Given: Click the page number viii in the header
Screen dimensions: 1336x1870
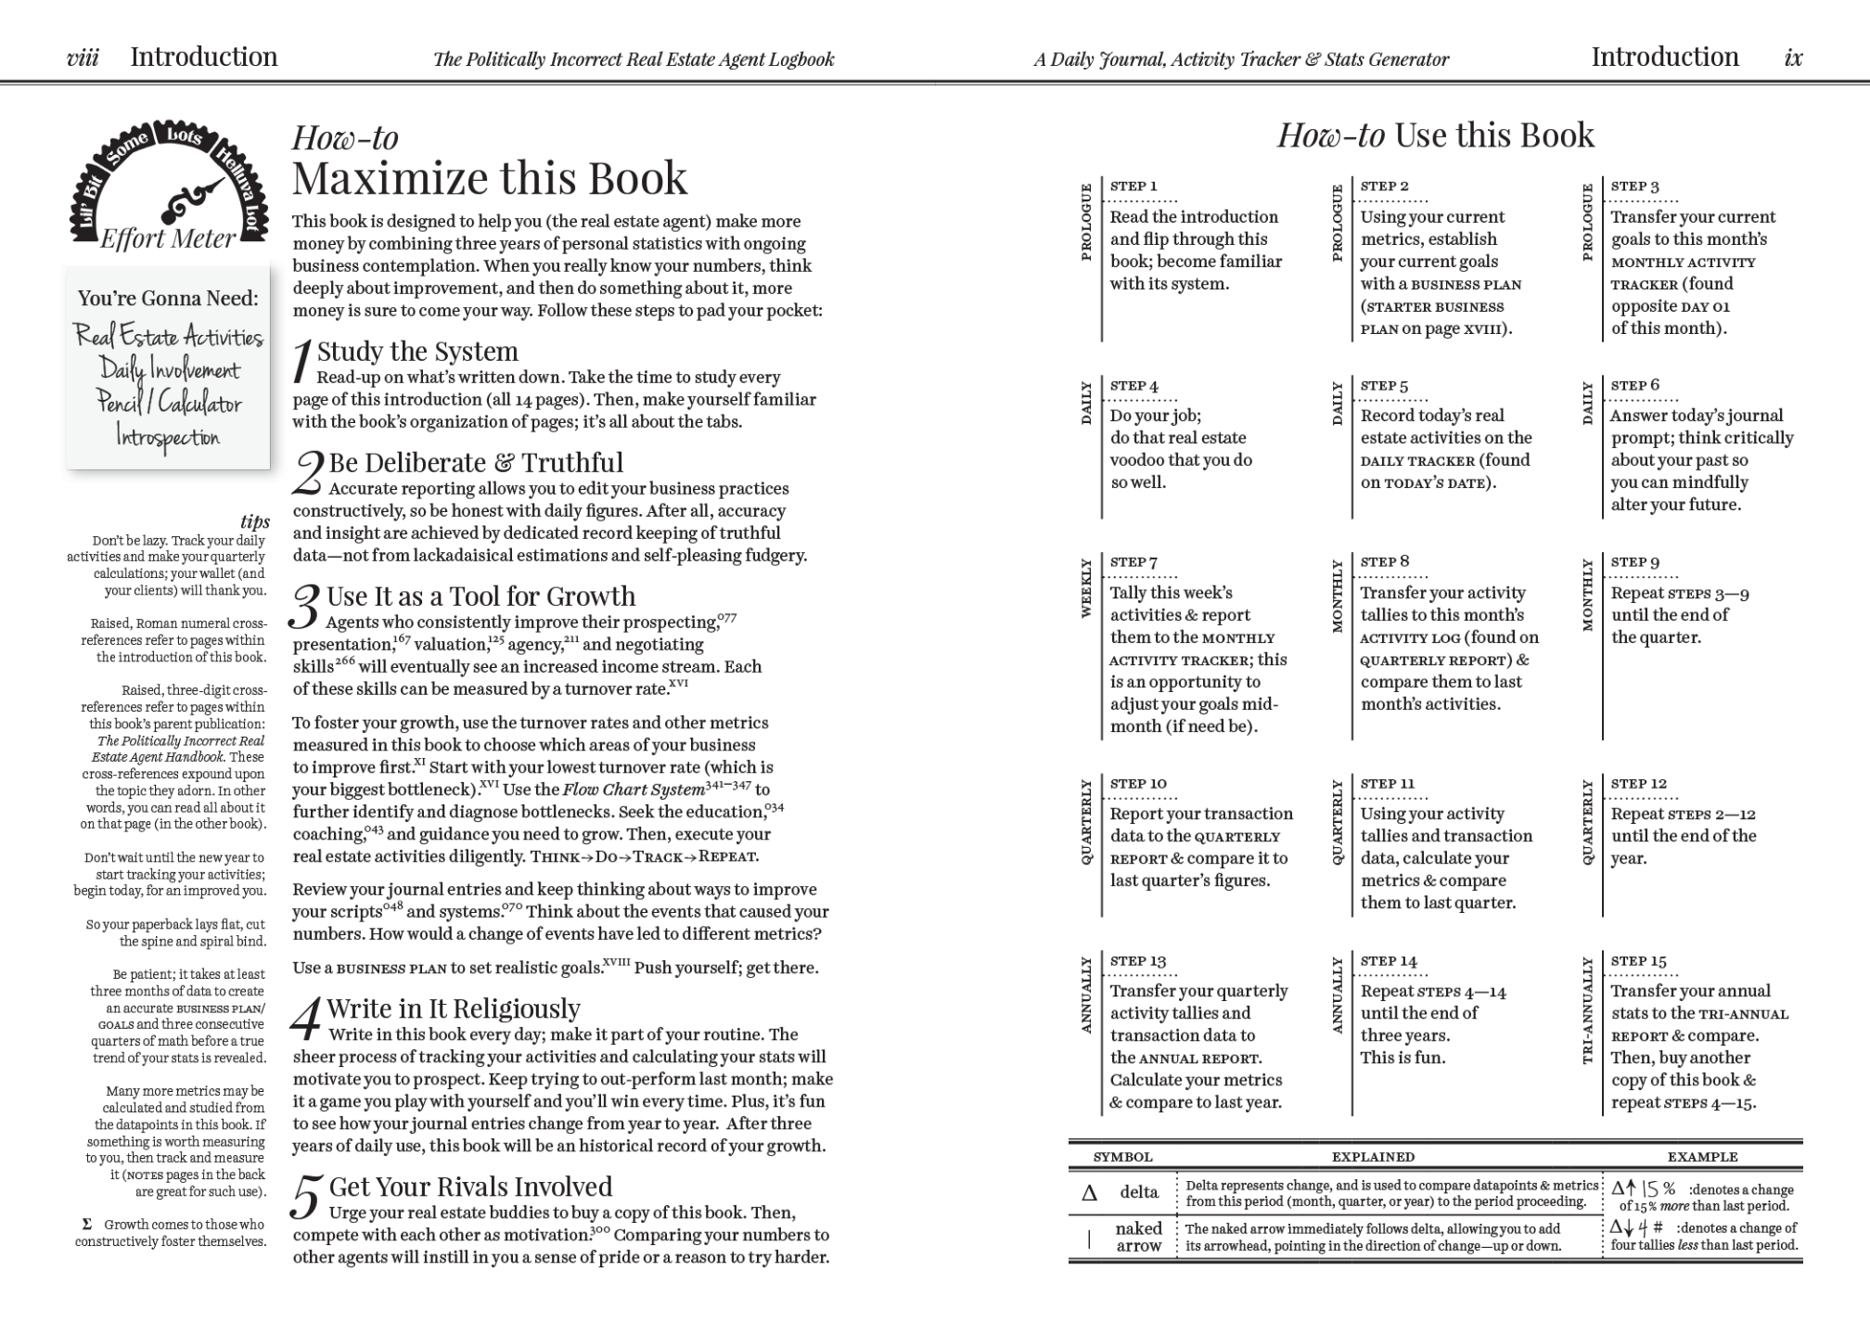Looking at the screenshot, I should coord(83,58).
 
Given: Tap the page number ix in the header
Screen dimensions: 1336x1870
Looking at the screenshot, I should coord(1793,58).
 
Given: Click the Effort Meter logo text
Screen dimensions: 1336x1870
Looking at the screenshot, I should coord(168,239).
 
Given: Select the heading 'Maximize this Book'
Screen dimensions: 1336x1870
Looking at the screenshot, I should coord(490,178).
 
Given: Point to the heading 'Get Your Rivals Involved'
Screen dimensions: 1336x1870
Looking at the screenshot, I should coord(470,1187).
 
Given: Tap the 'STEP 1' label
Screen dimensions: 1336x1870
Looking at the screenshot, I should coord(1134,186).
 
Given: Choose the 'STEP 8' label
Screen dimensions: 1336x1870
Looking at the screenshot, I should coord(1385,561).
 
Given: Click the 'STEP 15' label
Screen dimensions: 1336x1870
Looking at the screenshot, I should coord(1639,961).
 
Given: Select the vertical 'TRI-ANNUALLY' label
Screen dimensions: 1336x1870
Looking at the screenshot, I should coord(1587,1010).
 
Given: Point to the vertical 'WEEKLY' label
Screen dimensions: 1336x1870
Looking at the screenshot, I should coord(1086,587).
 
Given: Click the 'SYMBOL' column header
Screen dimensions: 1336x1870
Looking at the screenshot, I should coord(1122,1157).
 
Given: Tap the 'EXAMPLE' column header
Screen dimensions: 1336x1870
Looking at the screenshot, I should coord(1702,1157).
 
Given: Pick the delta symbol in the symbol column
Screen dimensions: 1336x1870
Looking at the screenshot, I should coord(1090,1193).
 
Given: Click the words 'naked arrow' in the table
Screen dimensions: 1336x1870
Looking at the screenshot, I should coord(1139,1237).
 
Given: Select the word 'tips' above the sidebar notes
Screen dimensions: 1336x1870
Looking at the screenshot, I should coord(255,521).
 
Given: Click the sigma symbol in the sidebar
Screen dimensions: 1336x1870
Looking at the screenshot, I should coord(87,1225).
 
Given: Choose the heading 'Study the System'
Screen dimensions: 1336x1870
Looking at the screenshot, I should coord(417,352).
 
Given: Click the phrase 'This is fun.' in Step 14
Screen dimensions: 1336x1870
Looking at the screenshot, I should coord(1402,1058).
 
